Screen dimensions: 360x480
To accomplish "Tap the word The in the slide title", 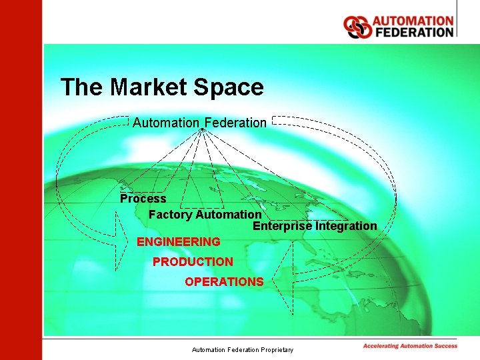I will coord(81,87).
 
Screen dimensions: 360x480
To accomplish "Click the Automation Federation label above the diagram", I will coord(199,123).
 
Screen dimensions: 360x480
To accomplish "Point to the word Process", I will coord(143,199).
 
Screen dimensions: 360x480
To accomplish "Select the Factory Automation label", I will coord(205,215).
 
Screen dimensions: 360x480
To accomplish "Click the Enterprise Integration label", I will coord(315,226).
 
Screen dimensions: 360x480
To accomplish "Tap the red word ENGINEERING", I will coord(178,241).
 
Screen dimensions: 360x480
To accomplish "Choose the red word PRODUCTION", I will coord(193,262).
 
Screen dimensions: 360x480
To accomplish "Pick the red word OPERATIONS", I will coord(224,282).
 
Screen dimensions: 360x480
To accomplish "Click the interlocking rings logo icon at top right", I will coord(357,27).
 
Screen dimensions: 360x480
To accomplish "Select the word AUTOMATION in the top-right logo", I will coord(413,21).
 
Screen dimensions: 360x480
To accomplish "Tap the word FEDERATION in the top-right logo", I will coord(413,32).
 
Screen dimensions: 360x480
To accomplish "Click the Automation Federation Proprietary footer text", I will coord(242,349).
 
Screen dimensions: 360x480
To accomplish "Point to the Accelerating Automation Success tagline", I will coord(410,346).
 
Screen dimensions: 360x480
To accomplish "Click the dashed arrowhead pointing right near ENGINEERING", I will coord(123,241).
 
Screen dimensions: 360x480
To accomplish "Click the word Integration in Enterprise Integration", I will coord(346,226).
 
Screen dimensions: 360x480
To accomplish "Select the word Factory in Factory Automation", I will coord(171,215).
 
